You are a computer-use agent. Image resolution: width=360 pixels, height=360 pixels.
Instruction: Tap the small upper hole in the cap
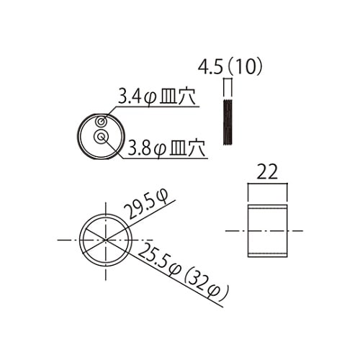[x=104, y=120]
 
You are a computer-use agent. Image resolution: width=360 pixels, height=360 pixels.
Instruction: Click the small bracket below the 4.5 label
[x=228, y=86]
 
